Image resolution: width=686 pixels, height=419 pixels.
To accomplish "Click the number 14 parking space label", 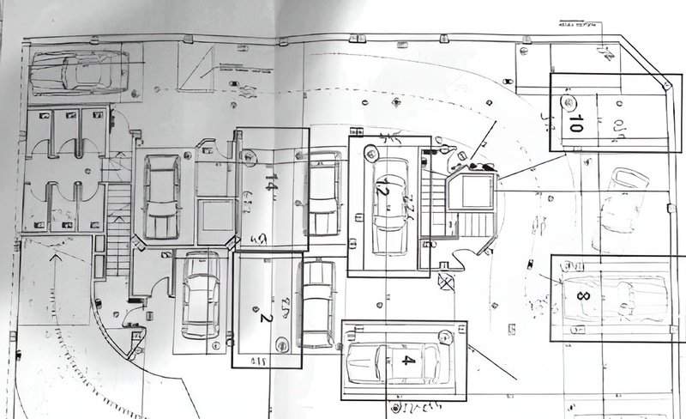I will (x=271, y=183).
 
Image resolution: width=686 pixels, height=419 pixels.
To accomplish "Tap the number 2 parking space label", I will (x=265, y=315).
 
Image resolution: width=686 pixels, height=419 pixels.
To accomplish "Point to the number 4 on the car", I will (x=408, y=360).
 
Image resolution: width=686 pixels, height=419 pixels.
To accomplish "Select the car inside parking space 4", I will (x=390, y=361).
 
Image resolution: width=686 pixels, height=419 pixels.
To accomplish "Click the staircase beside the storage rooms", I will (x=117, y=225).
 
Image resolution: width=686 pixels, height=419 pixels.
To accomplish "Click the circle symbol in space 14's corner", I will (x=250, y=157).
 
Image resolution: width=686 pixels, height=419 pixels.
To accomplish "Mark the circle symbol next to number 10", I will (x=567, y=103).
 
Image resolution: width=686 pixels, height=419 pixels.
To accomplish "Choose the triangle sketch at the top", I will (x=198, y=61).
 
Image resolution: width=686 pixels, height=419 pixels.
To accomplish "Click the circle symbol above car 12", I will (x=370, y=153).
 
